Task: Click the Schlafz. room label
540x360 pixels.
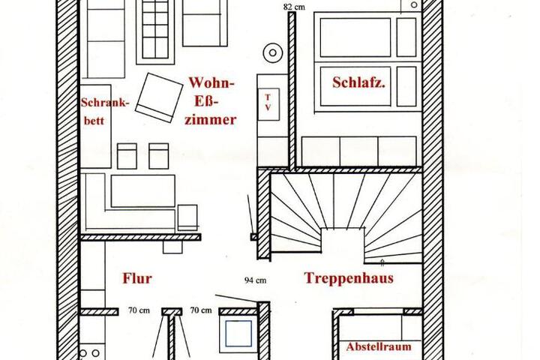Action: tap(358, 82)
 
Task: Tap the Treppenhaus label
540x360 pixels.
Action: tap(349, 278)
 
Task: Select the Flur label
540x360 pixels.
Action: tap(137, 278)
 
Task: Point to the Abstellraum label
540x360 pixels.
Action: tap(379, 346)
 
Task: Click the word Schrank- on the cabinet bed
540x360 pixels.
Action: tap(105, 103)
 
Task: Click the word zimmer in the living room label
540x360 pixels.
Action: tap(210, 120)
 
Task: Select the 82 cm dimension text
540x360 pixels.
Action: tap(294, 7)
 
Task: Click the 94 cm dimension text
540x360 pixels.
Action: tap(255, 280)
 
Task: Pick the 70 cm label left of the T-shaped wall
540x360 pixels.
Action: tap(139, 310)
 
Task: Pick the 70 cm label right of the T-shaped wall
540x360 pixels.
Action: tap(201, 310)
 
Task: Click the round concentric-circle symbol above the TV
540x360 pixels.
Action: tap(273, 52)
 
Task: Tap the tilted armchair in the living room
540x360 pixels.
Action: tap(159, 97)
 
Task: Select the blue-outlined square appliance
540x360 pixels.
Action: tap(238, 334)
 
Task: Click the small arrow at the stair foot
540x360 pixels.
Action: tap(382, 263)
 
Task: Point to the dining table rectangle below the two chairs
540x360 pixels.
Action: tap(143, 191)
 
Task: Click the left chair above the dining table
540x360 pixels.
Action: tap(127, 156)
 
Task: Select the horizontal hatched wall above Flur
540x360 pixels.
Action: tap(140, 237)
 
